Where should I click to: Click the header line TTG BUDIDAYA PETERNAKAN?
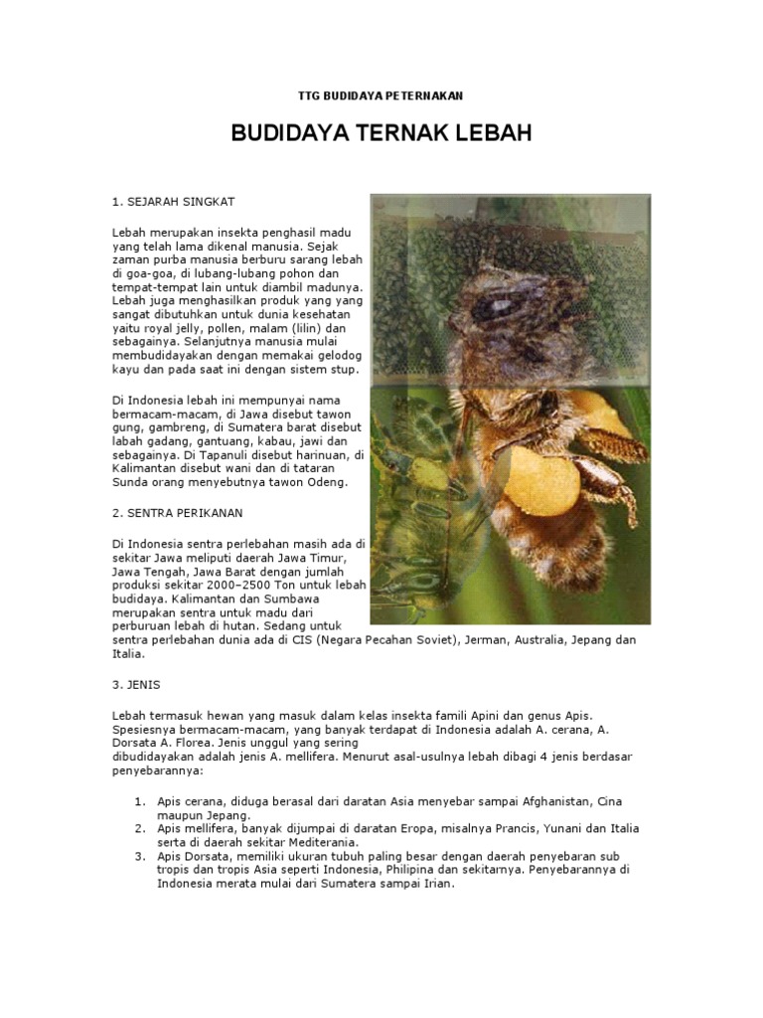coord(381,95)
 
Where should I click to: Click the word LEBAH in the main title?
coord(486,133)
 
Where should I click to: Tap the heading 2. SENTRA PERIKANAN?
coord(179,513)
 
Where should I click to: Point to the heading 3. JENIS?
coord(136,686)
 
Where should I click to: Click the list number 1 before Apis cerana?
coord(139,801)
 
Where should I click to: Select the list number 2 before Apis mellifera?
coord(139,828)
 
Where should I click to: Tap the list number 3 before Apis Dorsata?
coord(139,856)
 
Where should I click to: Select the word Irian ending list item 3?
coord(437,884)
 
